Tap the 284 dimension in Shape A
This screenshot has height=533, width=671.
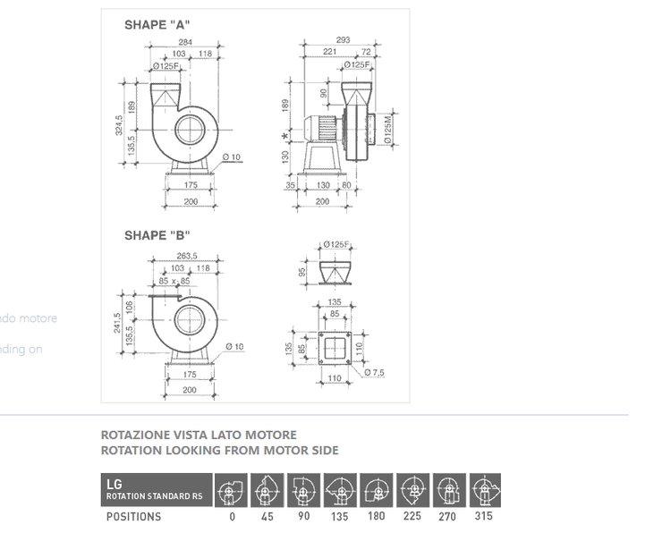point(186,42)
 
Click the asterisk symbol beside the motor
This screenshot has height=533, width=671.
point(285,135)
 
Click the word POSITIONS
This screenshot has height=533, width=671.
point(133,516)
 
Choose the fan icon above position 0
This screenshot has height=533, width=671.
point(230,491)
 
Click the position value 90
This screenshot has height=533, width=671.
point(303,516)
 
